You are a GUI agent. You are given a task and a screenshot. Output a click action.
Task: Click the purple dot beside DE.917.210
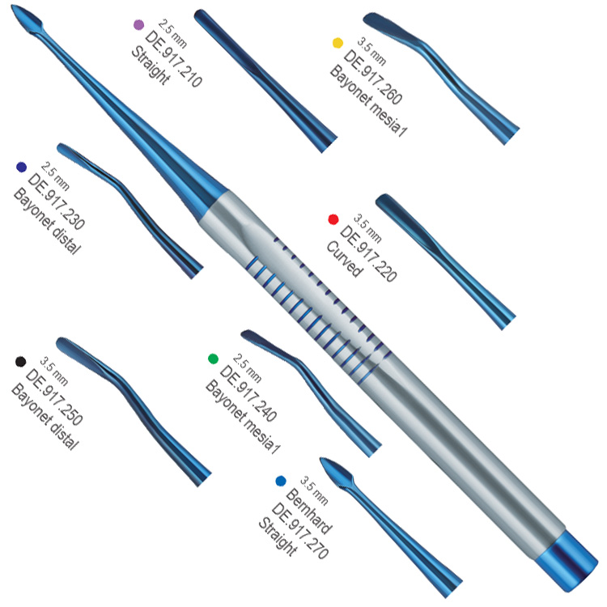pos(138,25)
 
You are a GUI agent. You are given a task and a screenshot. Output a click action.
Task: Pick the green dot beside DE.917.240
pos(213,359)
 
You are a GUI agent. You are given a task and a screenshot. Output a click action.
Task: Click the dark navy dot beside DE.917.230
pos(22,168)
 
